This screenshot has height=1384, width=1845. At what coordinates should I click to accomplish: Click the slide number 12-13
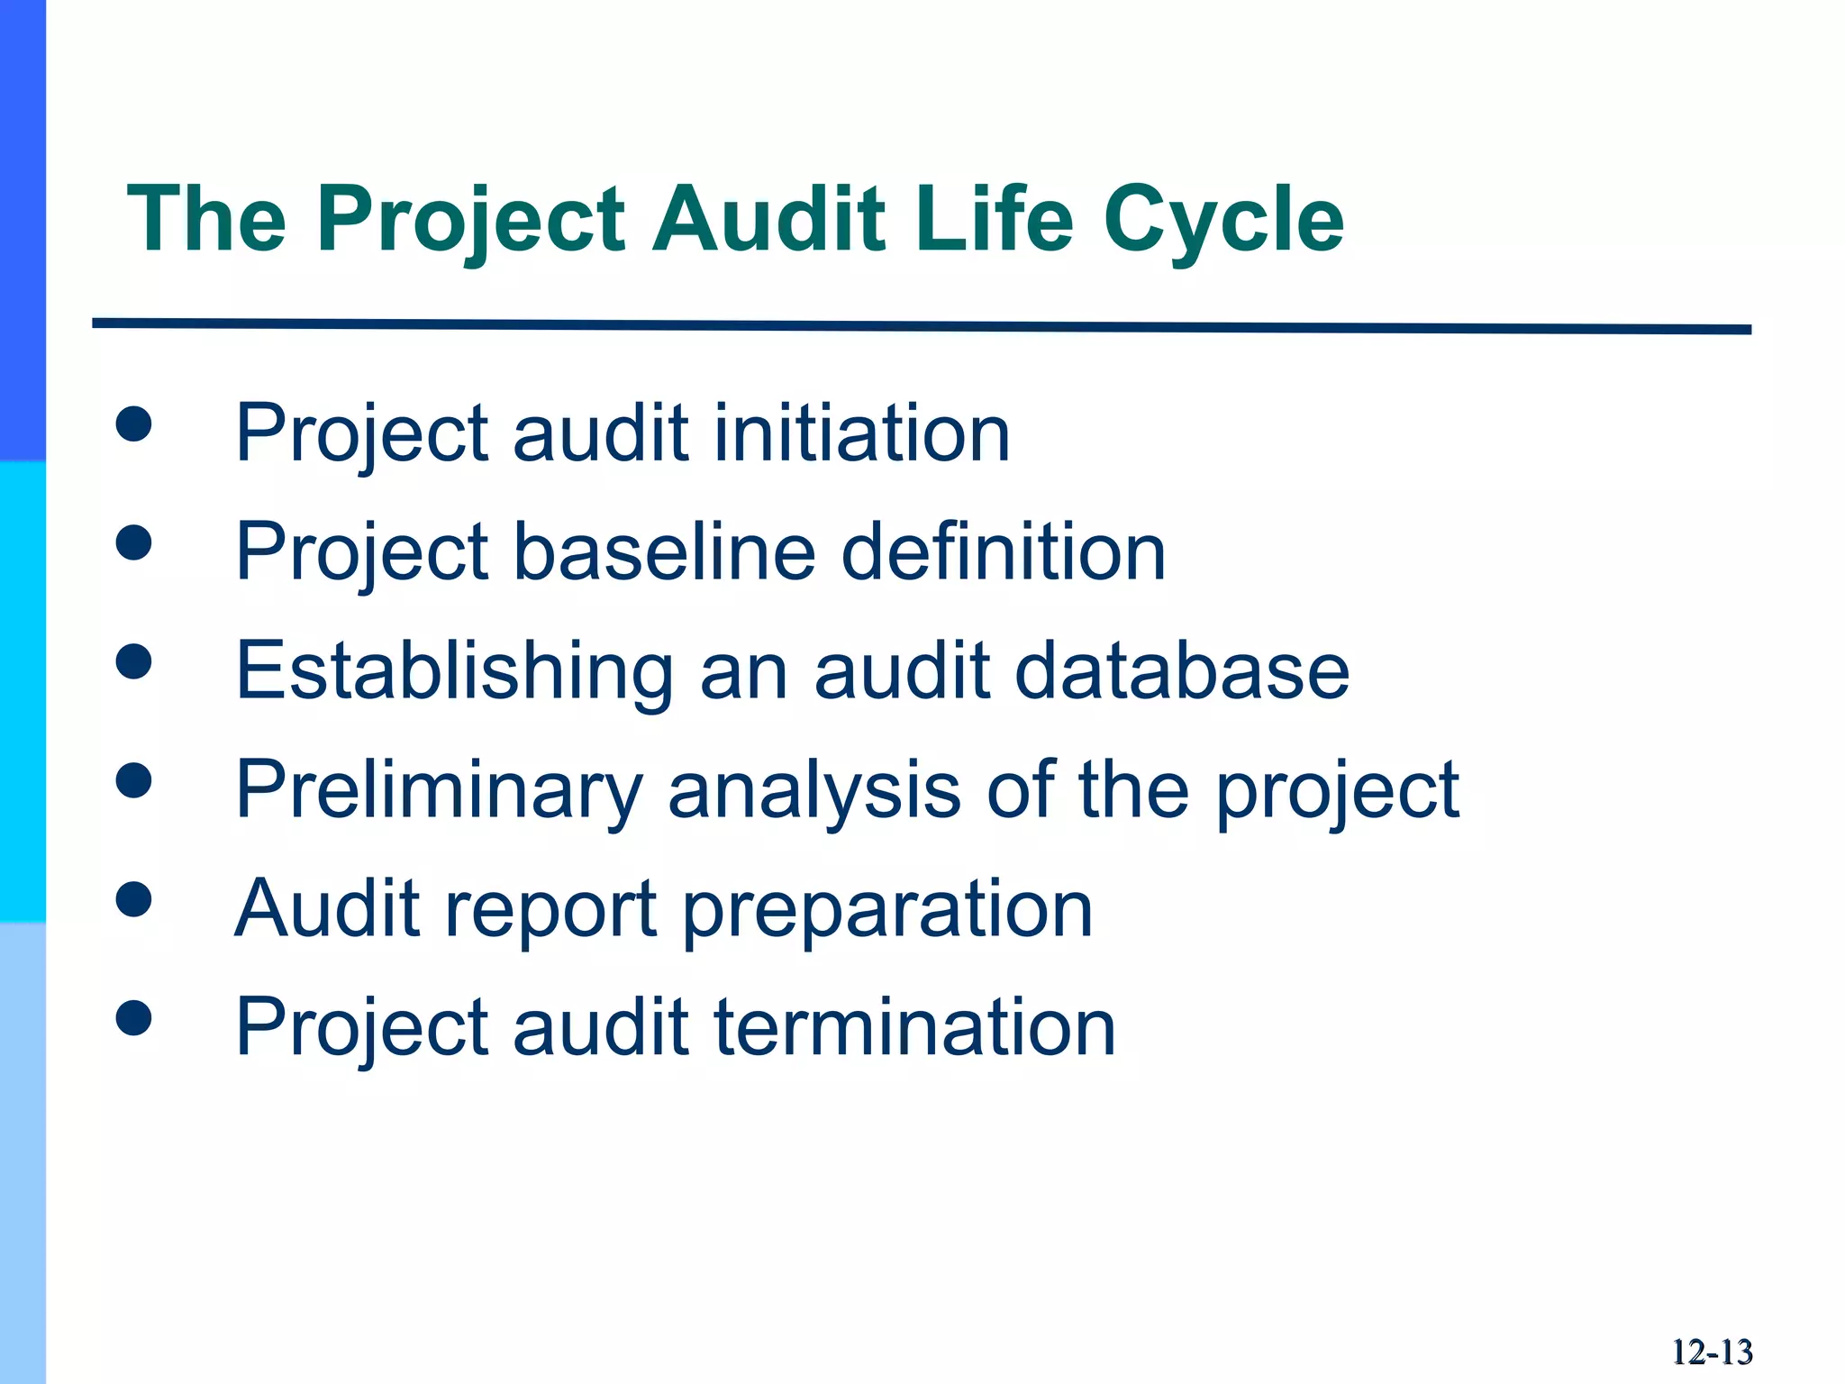[1712, 1352]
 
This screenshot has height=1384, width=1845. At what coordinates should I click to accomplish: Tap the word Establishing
[454, 671]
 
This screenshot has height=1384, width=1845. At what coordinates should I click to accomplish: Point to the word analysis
[814, 790]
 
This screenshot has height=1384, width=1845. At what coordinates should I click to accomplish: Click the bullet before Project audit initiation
[133, 423]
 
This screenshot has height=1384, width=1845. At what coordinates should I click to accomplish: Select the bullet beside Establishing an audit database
[133, 661]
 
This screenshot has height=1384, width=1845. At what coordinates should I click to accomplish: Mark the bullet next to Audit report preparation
[133, 899]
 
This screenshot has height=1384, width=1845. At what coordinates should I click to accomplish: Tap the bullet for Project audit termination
[133, 1018]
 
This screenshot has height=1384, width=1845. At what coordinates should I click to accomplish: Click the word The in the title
[207, 218]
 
